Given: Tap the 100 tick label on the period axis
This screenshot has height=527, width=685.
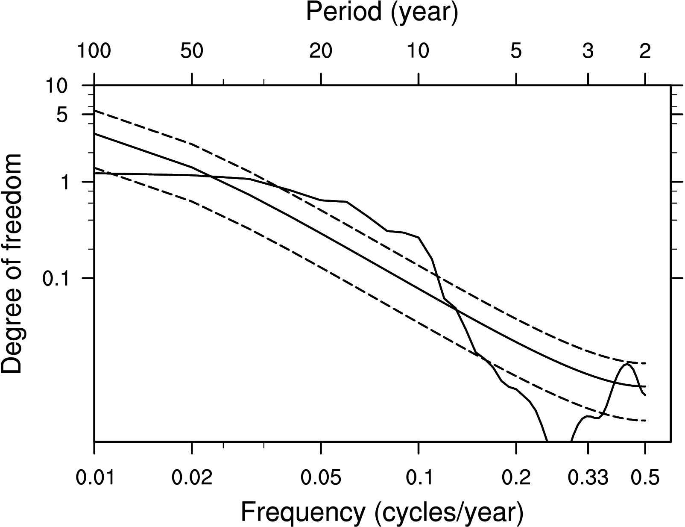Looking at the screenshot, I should pyautogui.click(x=94, y=52).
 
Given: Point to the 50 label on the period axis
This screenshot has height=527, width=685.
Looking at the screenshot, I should pyautogui.click(x=192, y=52).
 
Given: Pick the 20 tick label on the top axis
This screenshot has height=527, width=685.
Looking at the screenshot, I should pyautogui.click(x=321, y=52).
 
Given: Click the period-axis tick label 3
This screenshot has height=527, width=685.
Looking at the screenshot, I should pyautogui.click(x=588, y=52).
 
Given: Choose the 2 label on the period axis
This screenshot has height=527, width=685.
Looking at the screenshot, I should pyautogui.click(x=645, y=52).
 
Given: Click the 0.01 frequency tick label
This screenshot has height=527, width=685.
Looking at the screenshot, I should pyautogui.click(x=94, y=478).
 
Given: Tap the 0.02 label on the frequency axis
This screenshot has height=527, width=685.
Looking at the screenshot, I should pyautogui.click(x=192, y=478).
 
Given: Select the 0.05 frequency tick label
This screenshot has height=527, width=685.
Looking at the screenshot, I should pyautogui.click(x=321, y=478).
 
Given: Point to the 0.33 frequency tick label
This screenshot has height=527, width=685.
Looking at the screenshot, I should pyautogui.click(x=588, y=478).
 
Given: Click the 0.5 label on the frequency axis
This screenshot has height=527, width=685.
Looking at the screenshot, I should pyautogui.click(x=645, y=478).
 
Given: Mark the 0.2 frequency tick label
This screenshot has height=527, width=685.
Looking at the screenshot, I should pyautogui.click(x=516, y=478).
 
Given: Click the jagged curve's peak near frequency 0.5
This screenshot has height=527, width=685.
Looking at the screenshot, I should pyautogui.click(x=627, y=364).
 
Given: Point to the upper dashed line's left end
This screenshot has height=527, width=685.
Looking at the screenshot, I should pyautogui.click(x=95, y=111).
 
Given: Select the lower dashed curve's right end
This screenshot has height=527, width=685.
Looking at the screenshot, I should pyautogui.click(x=645, y=421).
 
